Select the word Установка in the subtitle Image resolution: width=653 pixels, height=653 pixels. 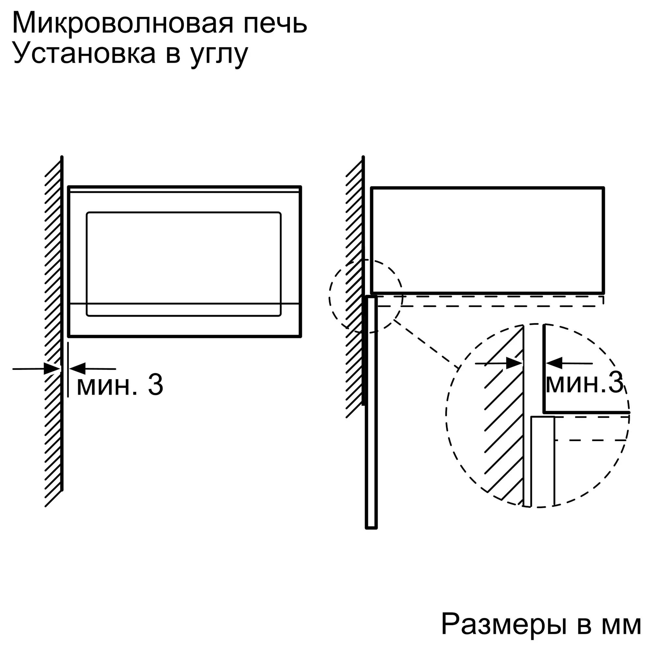[84, 54]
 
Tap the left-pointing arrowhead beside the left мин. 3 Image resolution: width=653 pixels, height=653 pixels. [77, 368]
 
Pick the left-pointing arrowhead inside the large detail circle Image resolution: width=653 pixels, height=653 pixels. [554, 363]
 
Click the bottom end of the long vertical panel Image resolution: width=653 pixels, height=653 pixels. [371, 528]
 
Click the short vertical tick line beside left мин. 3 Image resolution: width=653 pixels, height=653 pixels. [68, 369]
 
